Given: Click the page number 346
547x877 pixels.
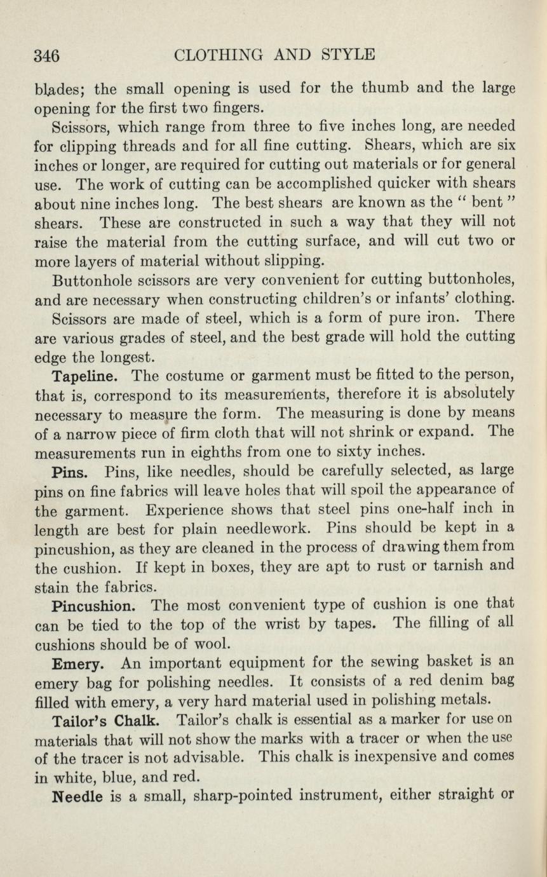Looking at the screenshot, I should [46, 55].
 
